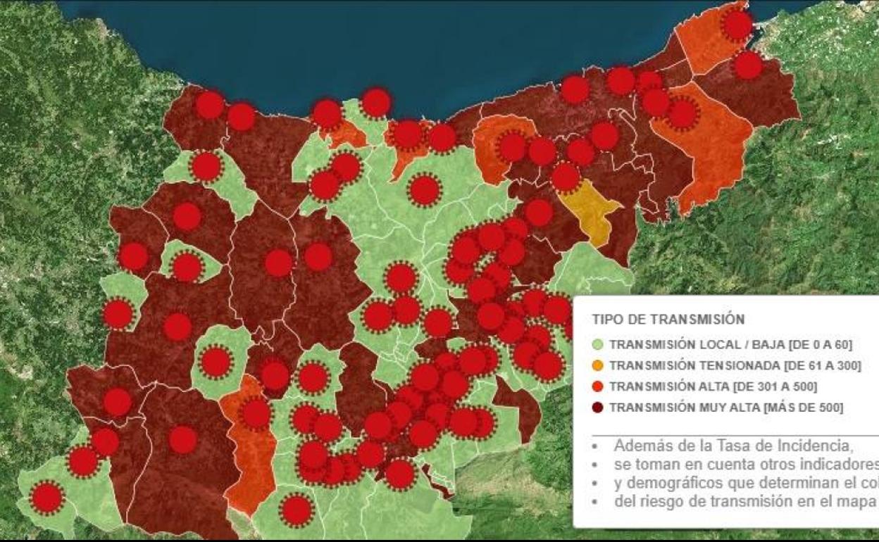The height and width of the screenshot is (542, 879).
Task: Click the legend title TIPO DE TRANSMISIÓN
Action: tap(668, 319)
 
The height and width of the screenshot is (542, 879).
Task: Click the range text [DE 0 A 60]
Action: tap(821, 344)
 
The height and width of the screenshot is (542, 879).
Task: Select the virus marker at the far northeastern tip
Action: tap(737, 25)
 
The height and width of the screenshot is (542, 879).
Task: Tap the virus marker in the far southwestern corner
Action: tap(47, 498)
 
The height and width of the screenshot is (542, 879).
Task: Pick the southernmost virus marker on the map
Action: tap(297, 510)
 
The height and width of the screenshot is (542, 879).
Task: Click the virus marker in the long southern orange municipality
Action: tap(256, 413)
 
